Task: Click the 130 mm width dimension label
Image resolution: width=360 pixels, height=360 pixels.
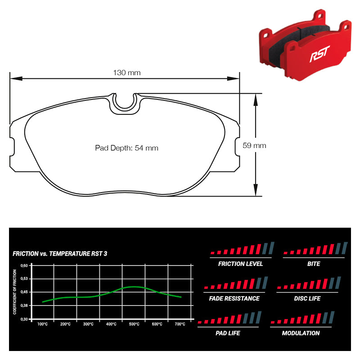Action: pos(127,72)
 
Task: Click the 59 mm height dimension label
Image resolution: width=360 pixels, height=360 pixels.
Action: pos(254,145)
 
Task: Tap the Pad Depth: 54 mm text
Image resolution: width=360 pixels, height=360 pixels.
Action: pos(126,148)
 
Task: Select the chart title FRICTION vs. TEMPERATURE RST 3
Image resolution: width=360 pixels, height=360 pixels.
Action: pos(60,254)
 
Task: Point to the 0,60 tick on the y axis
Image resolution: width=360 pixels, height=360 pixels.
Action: pos(25,265)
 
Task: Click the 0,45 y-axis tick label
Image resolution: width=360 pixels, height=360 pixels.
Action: pos(25,292)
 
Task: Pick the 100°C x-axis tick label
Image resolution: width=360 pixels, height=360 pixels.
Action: pos(43,324)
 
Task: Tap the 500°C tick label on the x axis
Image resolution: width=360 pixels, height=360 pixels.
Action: pos(134,324)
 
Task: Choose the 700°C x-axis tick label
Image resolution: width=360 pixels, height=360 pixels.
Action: pos(180,324)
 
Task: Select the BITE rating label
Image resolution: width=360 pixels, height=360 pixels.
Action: pos(314,264)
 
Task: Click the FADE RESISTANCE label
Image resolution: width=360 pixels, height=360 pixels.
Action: pos(234,298)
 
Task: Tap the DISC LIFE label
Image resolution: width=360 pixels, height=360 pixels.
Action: pos(307,298)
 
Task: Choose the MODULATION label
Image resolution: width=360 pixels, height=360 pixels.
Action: pos(301,333)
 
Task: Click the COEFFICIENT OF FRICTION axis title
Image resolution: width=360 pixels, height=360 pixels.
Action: pos(15,292)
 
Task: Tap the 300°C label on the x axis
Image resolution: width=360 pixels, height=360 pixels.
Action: pos(88,324)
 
